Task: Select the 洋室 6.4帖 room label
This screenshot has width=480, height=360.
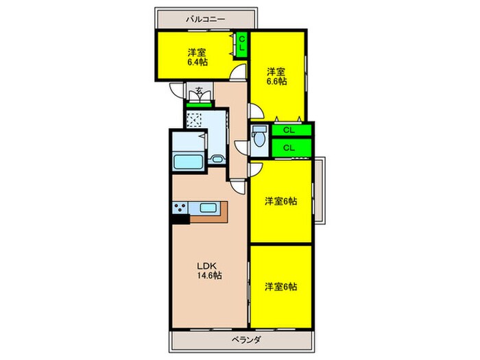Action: [197, 56]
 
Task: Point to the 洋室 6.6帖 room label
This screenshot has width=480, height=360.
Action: [276, 75]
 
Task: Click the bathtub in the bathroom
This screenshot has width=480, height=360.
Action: [187, 163]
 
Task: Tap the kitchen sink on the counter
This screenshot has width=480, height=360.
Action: [208, 208]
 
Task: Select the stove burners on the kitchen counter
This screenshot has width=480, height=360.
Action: [181, 208]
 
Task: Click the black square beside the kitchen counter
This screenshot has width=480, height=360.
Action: [180, 220]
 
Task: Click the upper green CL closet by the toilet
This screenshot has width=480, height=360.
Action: [289, 130]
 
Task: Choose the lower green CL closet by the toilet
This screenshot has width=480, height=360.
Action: [289, 147]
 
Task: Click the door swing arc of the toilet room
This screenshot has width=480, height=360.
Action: [241, 145]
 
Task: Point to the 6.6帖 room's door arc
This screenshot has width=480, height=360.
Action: [254, 110]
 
